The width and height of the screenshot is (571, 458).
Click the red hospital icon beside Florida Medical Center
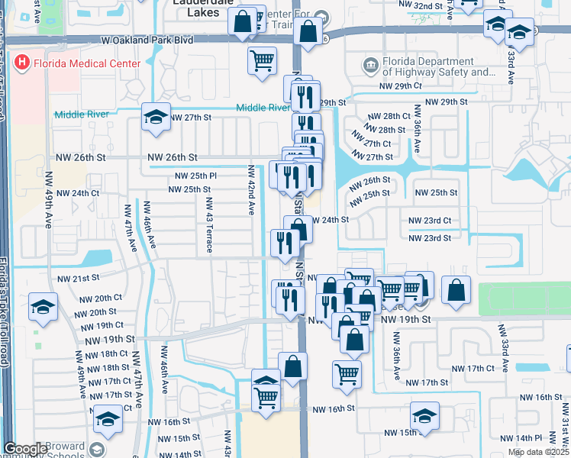coord(23,63)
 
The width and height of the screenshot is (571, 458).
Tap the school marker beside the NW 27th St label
coord(156,118)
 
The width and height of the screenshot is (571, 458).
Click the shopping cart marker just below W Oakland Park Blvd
coord(262,60)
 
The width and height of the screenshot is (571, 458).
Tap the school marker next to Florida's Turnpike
coord(43,307)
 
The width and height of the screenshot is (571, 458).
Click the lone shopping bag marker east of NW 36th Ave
coord(456,290)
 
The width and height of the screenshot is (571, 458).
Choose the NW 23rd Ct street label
coord(430,221)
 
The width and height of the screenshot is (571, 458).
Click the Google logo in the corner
coord(25,449)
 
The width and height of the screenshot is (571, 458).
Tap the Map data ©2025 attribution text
coord(537,452)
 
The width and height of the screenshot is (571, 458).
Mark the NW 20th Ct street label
coord(99,298)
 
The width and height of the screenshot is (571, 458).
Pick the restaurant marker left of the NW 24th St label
coord(283,243)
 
